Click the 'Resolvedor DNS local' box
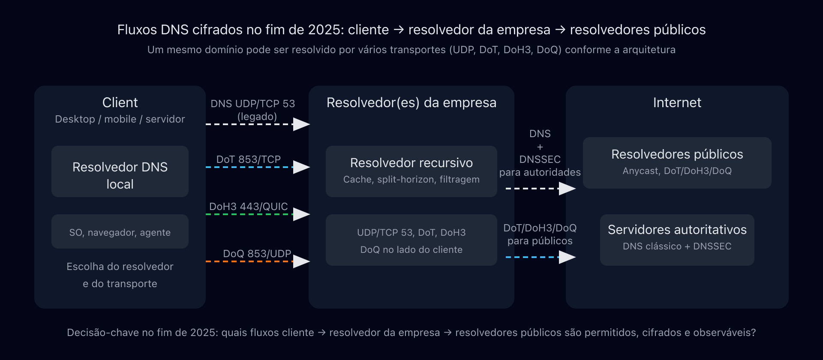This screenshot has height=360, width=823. tap(120, 171)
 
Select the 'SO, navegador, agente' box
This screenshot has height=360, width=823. tap(120, 232)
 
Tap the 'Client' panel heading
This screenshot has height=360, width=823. tap(120, 102)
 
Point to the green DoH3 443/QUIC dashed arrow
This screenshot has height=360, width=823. tap(257, 214)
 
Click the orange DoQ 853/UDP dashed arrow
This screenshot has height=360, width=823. tap(257, 261)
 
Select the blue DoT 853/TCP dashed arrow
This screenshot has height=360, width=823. tap(257, 167)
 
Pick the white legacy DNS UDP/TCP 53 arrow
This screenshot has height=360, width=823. tap(257, 124)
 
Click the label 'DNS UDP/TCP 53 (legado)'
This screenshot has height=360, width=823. tap(253, 109)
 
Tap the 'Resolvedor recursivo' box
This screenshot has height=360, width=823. tap(411, 171)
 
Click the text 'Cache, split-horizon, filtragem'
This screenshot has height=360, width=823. tap(411, 180)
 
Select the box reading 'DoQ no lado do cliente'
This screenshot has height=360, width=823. tap(411, 240)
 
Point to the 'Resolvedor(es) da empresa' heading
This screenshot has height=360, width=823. tap(411, 102)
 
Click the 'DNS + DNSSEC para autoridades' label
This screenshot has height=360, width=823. tap(540, 153)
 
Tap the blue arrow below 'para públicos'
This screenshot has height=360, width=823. tap(540, 257)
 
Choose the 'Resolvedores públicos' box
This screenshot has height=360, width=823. tap(677, 162)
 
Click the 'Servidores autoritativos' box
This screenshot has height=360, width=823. tap(677, 240)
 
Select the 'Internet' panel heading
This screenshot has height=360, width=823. tap(677, 102)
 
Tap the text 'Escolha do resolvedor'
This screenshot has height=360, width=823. tap(120, 267)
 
